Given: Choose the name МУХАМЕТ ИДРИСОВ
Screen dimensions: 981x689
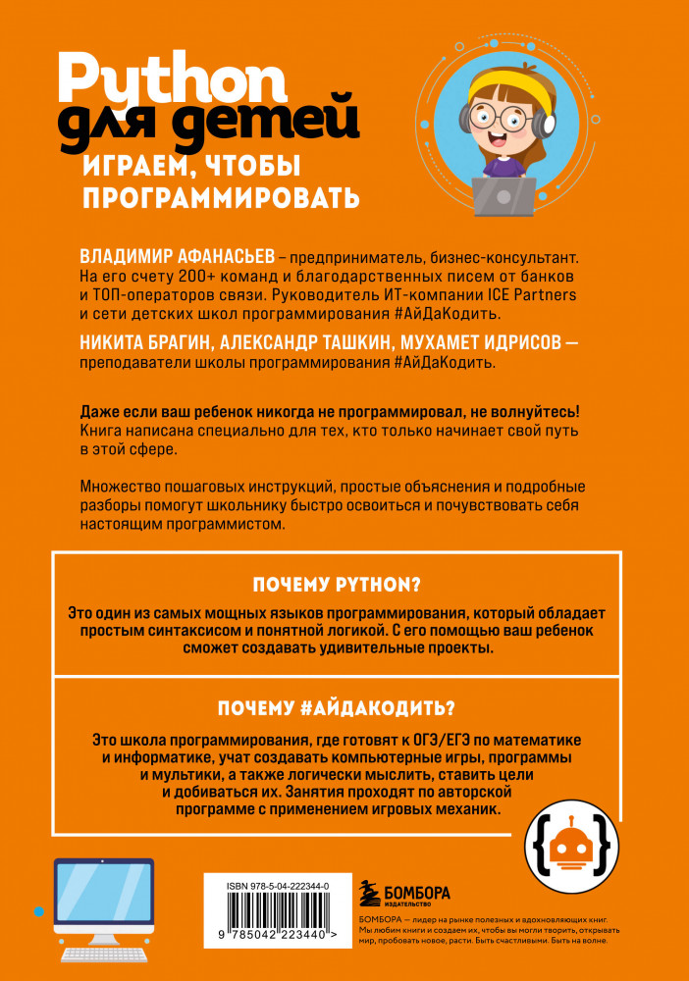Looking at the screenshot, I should coord(480,342).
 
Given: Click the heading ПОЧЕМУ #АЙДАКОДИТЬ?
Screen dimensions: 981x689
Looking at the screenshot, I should coord(338,708).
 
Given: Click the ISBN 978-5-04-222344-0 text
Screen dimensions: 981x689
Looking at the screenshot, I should coord(271,885).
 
